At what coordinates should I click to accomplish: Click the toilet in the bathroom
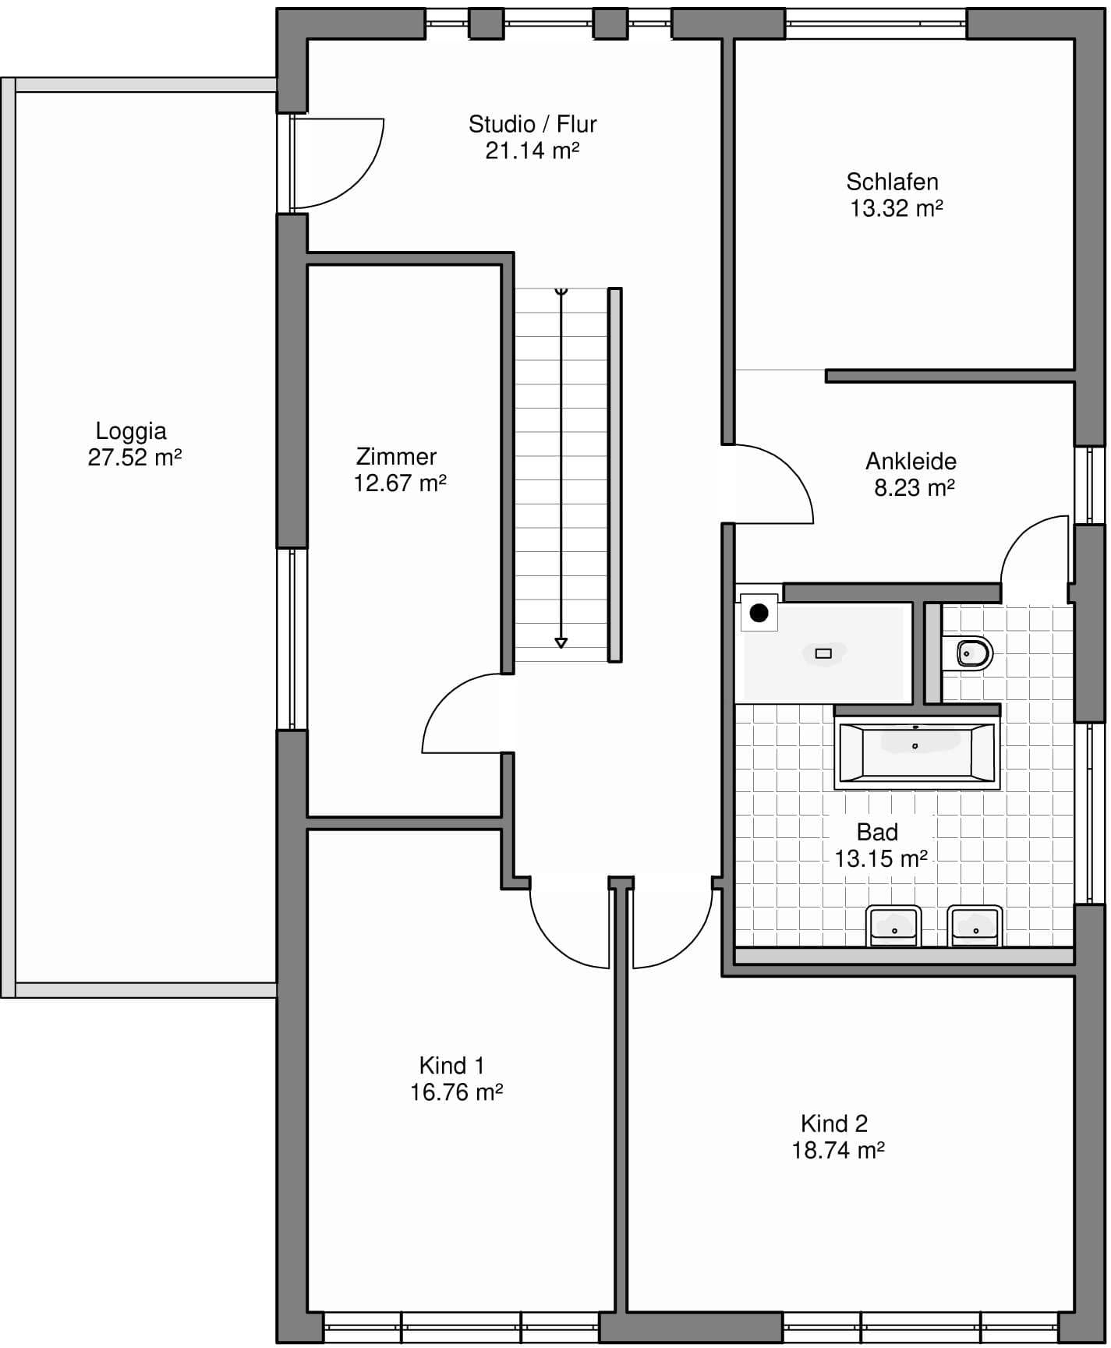(968, 653)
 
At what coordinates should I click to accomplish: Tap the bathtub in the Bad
(917, 753)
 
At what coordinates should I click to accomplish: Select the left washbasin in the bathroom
(894, 925)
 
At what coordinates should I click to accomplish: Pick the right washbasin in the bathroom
(975, 925)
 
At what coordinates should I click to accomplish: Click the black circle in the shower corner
(759, 613)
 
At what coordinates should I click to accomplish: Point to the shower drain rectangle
(823, 653)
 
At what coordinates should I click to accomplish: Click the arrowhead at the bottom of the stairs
(561, 643)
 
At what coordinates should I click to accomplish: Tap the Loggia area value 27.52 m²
(135, 458)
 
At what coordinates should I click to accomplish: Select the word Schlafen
(892, 182)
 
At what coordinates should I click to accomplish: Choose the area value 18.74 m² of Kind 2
(838, 1151)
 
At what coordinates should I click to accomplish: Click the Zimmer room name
(396, 457)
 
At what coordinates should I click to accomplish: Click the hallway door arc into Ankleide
(791, 465)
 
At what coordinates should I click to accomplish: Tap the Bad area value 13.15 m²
(881, 859)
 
